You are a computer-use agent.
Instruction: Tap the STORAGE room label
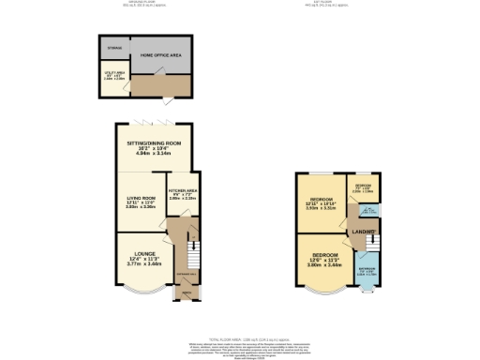pos(114,46)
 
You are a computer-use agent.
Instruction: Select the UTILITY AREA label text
pos(113,72)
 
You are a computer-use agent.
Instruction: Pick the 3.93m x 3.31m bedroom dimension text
pos(321,209)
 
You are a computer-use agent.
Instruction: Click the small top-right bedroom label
pos(364,185)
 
